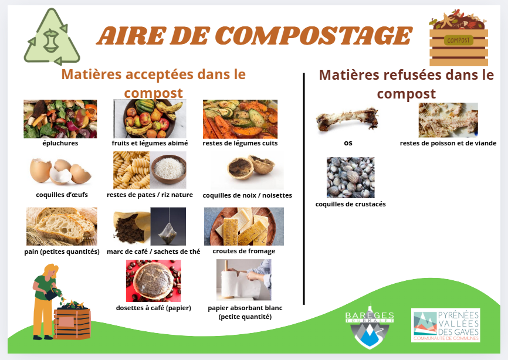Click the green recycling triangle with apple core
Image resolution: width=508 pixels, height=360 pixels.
coord(52,37)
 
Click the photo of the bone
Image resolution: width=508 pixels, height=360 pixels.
coord(347,120)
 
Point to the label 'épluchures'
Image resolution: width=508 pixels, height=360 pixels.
coord(60,143)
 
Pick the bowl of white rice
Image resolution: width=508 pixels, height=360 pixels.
coord(168,169)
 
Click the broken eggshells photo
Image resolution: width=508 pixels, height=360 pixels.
coord(60,171)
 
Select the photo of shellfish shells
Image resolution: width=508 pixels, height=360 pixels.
coord(351,178)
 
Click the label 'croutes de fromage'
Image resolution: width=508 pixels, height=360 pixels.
coord(244,251)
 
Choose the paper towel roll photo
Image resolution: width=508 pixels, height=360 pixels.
coord(244,280)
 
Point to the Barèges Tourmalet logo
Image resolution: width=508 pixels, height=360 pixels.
coord(370,325)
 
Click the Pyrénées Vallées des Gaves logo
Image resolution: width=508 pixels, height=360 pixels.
coord(446,325)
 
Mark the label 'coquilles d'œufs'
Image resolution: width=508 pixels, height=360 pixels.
coord(62,195)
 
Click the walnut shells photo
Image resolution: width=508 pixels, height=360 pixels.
coord(248,170)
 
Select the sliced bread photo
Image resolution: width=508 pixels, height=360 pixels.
coord(62,226)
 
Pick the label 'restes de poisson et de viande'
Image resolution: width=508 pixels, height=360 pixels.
coord(448,143)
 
